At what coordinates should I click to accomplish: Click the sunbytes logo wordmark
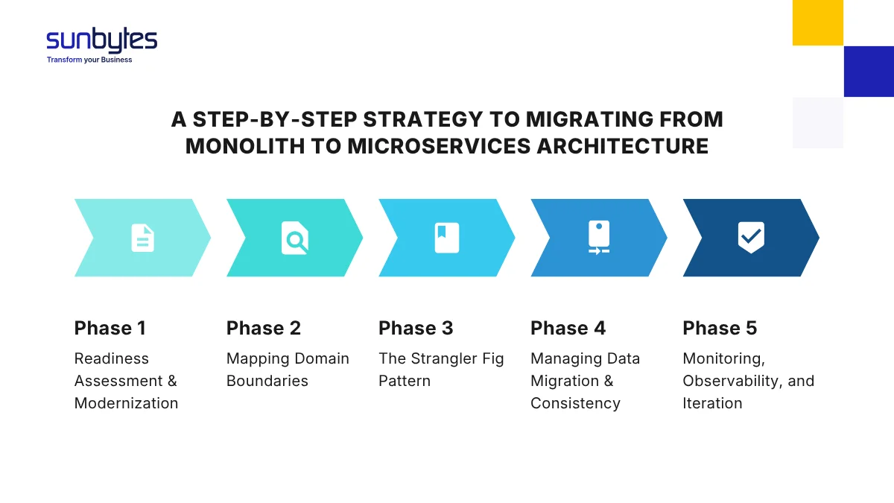point(101,40)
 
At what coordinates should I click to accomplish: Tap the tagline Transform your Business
point(89,60)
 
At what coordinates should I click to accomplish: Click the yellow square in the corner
point(817,22)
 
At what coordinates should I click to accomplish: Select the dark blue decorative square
point(869,72)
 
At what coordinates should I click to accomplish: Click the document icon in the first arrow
point(142,238)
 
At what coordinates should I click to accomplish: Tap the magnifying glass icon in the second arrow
point(295,238)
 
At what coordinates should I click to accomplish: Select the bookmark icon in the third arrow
point(447,238)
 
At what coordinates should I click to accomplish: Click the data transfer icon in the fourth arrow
point(599,238)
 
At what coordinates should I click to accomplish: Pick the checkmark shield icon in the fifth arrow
point(751,238)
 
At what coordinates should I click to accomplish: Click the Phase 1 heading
point(110,329)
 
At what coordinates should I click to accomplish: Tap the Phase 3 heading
point(416,329)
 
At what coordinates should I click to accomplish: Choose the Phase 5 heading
point(720,329)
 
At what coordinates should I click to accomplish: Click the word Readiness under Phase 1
point(112,358)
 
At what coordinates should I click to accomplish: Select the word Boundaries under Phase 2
point(267,381)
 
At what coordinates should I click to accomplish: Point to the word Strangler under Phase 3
point(444,358)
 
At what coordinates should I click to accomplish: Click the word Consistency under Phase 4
point(575,403)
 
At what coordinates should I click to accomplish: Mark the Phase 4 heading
point(568,329)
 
